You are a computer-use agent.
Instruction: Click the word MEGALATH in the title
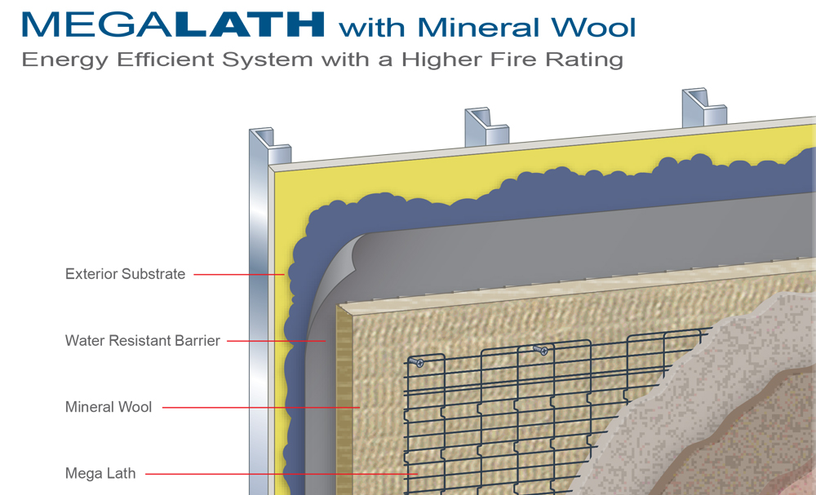[x=174, y=24]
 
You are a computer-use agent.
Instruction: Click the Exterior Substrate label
[x=126, y=274]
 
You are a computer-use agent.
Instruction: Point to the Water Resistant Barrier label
[x=143, y=341]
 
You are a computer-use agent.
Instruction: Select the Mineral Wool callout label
[x=109, y=407]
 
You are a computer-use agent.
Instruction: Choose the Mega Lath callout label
[x=100, y=473]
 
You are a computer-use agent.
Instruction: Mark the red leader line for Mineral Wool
[x=261, y=407]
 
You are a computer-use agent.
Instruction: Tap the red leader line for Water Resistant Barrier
[x=277, y=341]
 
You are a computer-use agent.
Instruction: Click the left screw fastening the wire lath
[x=417, y=362]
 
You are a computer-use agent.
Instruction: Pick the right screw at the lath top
[x=540, y=350]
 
